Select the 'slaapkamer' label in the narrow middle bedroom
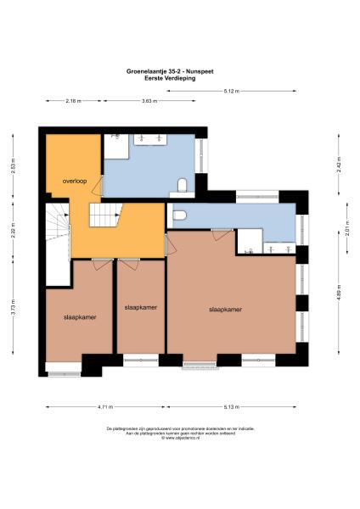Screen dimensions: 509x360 pos(139,306)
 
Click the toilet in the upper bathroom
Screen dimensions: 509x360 pos(182,185)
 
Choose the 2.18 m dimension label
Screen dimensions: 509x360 pos(74,101)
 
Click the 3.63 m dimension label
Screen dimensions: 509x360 pos(149,101)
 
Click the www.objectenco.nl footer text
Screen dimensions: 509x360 pos(180,439)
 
